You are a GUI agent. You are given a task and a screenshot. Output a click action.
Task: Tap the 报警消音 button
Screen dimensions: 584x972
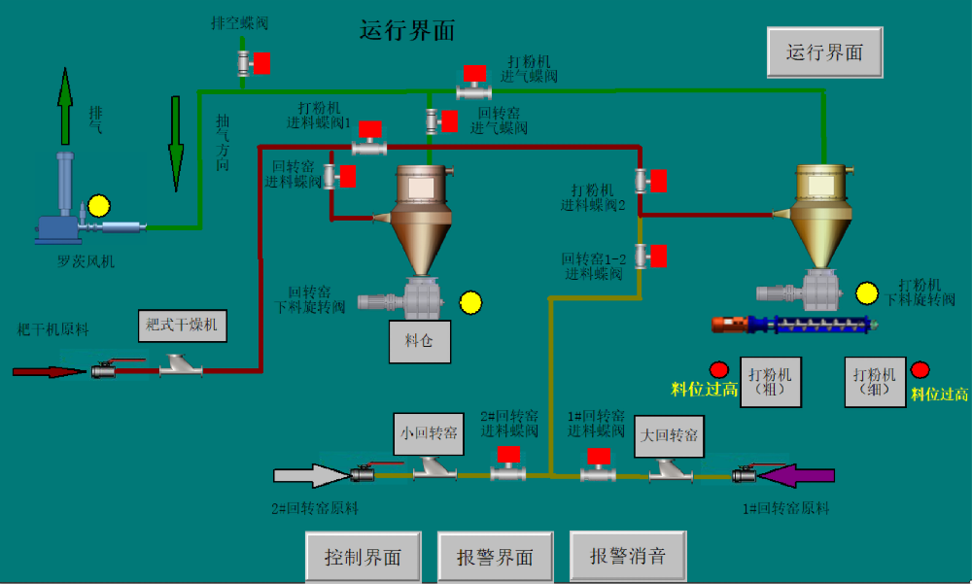coord(628,557)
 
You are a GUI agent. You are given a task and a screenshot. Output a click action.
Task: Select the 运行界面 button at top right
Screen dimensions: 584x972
coord(824,52)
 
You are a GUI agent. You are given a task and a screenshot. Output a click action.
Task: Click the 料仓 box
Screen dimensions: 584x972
coord(420,341)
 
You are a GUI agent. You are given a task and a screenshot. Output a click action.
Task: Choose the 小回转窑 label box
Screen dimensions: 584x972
coord(428,432)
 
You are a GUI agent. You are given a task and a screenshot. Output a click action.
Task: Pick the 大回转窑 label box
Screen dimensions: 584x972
coord(669,435)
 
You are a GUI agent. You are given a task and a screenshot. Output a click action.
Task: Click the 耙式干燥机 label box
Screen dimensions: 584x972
coord(182,324)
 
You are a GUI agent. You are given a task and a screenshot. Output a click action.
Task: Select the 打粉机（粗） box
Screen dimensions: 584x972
coord(771,381)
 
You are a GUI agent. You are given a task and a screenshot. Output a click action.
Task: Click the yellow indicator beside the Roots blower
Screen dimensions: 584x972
coord(99,207)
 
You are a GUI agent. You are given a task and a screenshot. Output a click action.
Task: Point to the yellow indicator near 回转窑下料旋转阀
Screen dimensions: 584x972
coord(470,303)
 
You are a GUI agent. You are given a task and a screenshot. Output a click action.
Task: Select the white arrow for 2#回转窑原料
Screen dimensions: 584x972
coord(309,475)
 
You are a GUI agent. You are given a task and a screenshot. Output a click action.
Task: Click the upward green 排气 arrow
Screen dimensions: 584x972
coord(65,107)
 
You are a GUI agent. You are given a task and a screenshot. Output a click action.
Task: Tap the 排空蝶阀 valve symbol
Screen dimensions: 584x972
coord(245,64)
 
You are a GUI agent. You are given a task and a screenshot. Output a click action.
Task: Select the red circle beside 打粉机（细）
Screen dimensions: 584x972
coord(920,370)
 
